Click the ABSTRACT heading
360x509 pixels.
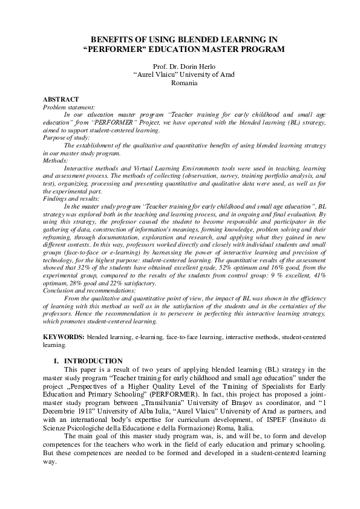click(x=61, y=99)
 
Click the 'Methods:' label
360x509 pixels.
click(x=56, y=160)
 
